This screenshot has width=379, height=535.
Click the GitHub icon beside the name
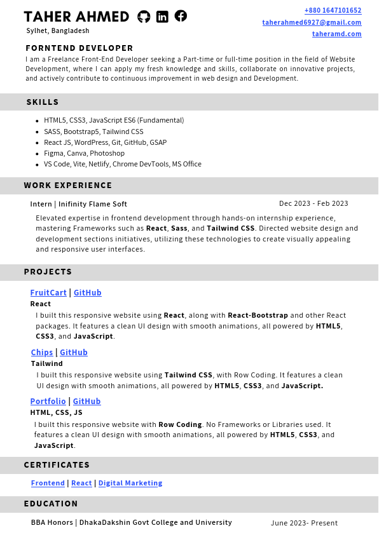pos(144,17)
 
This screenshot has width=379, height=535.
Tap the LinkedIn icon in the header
pos(162,17)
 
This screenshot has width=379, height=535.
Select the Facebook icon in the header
pos(181,16)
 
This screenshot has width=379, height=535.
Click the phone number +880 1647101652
pos(333,10)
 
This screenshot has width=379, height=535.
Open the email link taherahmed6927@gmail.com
pos(312,22)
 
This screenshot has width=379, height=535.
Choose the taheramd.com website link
pos(336,34)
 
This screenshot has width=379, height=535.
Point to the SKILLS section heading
pos(43,102)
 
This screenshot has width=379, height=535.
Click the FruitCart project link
pos(48,293)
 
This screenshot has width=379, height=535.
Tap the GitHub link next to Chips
pos(74,353)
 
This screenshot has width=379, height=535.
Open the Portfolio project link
pos(48,402)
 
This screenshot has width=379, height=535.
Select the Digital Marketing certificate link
pos(130,484)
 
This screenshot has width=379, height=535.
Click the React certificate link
pos(81,484)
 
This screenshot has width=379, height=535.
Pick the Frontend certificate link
pos(48,484)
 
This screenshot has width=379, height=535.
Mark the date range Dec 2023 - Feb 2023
pos(314,204)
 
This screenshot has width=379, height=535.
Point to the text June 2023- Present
pos(304,523)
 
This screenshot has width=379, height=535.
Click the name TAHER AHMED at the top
pos(76,17)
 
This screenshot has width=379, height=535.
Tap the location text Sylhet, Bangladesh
pos(58,30)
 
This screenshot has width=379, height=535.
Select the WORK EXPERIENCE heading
pos(68,186)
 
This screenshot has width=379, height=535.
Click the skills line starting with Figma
pos(84,153)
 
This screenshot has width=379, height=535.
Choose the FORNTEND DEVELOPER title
pos(79,48)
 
